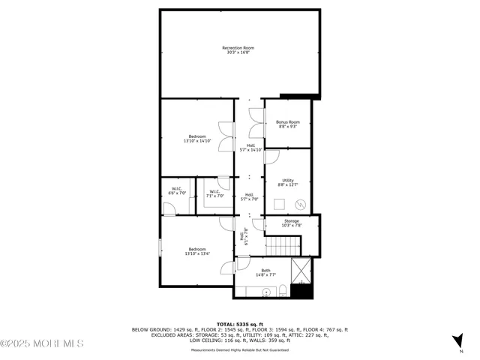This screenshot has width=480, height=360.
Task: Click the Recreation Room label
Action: pos(238,50)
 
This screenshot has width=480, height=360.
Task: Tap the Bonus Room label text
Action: pos(288,124)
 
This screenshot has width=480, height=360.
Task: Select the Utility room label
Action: pos(288,182)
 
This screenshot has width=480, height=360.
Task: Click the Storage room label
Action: pos(291,223)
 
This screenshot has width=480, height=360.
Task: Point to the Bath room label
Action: pos(265,273)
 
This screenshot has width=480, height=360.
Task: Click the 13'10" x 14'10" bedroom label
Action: pos(197,139)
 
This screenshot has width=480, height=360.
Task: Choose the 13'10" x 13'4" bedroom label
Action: pos(197,251)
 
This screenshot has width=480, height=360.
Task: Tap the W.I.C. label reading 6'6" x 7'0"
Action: pos(178,190)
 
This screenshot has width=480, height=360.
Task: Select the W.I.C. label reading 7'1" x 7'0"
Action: pos(214,193)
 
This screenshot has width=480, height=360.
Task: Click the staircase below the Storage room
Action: pos(284,244)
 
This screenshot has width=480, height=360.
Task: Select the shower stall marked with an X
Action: pos(301,270)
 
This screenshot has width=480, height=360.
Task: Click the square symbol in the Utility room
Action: pos(278,203)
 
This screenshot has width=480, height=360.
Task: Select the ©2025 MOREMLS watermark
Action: pos(42,343)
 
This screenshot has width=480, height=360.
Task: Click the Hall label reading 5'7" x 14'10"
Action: pos(250,148)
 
